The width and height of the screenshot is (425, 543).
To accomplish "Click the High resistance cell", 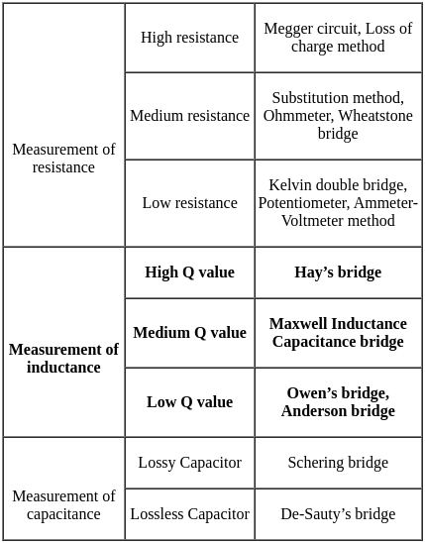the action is [x=189, y=38].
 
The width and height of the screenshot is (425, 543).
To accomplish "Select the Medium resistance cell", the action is [x=189, y=116].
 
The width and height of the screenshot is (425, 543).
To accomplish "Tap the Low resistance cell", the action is [x=189, y=203].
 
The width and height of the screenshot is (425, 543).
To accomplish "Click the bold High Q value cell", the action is [x=189, y=272].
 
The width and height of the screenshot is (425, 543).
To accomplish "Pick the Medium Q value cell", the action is [x=189, y=333].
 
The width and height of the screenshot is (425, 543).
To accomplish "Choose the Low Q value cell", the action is [x=189, y=402].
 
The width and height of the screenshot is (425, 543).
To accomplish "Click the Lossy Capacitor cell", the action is [x=189, y=463].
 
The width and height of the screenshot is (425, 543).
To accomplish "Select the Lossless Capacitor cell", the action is [x=189, y=514].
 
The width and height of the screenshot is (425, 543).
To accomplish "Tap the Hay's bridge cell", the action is [x=338, y=272].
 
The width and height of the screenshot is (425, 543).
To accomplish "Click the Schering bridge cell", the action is [x=338, y=463].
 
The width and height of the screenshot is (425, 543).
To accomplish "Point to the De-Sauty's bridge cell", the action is [x=338, y=514].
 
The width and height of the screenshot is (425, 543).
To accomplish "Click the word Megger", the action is [x=285, y=29].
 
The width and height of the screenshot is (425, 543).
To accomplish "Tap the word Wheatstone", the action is [x=375, y=116].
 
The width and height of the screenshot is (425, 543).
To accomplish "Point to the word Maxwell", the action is [x=298, y=324].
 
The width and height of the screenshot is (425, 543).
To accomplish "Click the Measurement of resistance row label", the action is [x=63, y=159].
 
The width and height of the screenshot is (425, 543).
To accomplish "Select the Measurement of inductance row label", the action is [x=63, y=359].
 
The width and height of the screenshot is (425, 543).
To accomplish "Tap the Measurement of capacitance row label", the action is [x=63, y=505].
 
